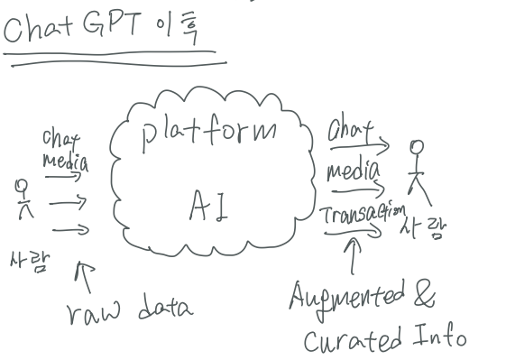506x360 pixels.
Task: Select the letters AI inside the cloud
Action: [x=208, y=206]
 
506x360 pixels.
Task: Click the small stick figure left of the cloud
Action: [x=24, y=199]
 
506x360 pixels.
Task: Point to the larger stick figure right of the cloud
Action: [x=419, y=172]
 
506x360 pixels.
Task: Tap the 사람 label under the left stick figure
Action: [x=30, y=261]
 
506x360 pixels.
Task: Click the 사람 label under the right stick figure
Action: [x=424, y=228]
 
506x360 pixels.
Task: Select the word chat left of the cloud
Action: [x=61, y=140]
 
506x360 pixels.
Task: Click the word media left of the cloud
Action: [x=66, y=162]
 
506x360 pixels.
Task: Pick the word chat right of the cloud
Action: [x=351, y=130]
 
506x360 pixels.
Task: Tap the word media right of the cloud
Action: [x=354, y=171]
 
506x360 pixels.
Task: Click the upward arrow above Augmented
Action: [x=353, y=255]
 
